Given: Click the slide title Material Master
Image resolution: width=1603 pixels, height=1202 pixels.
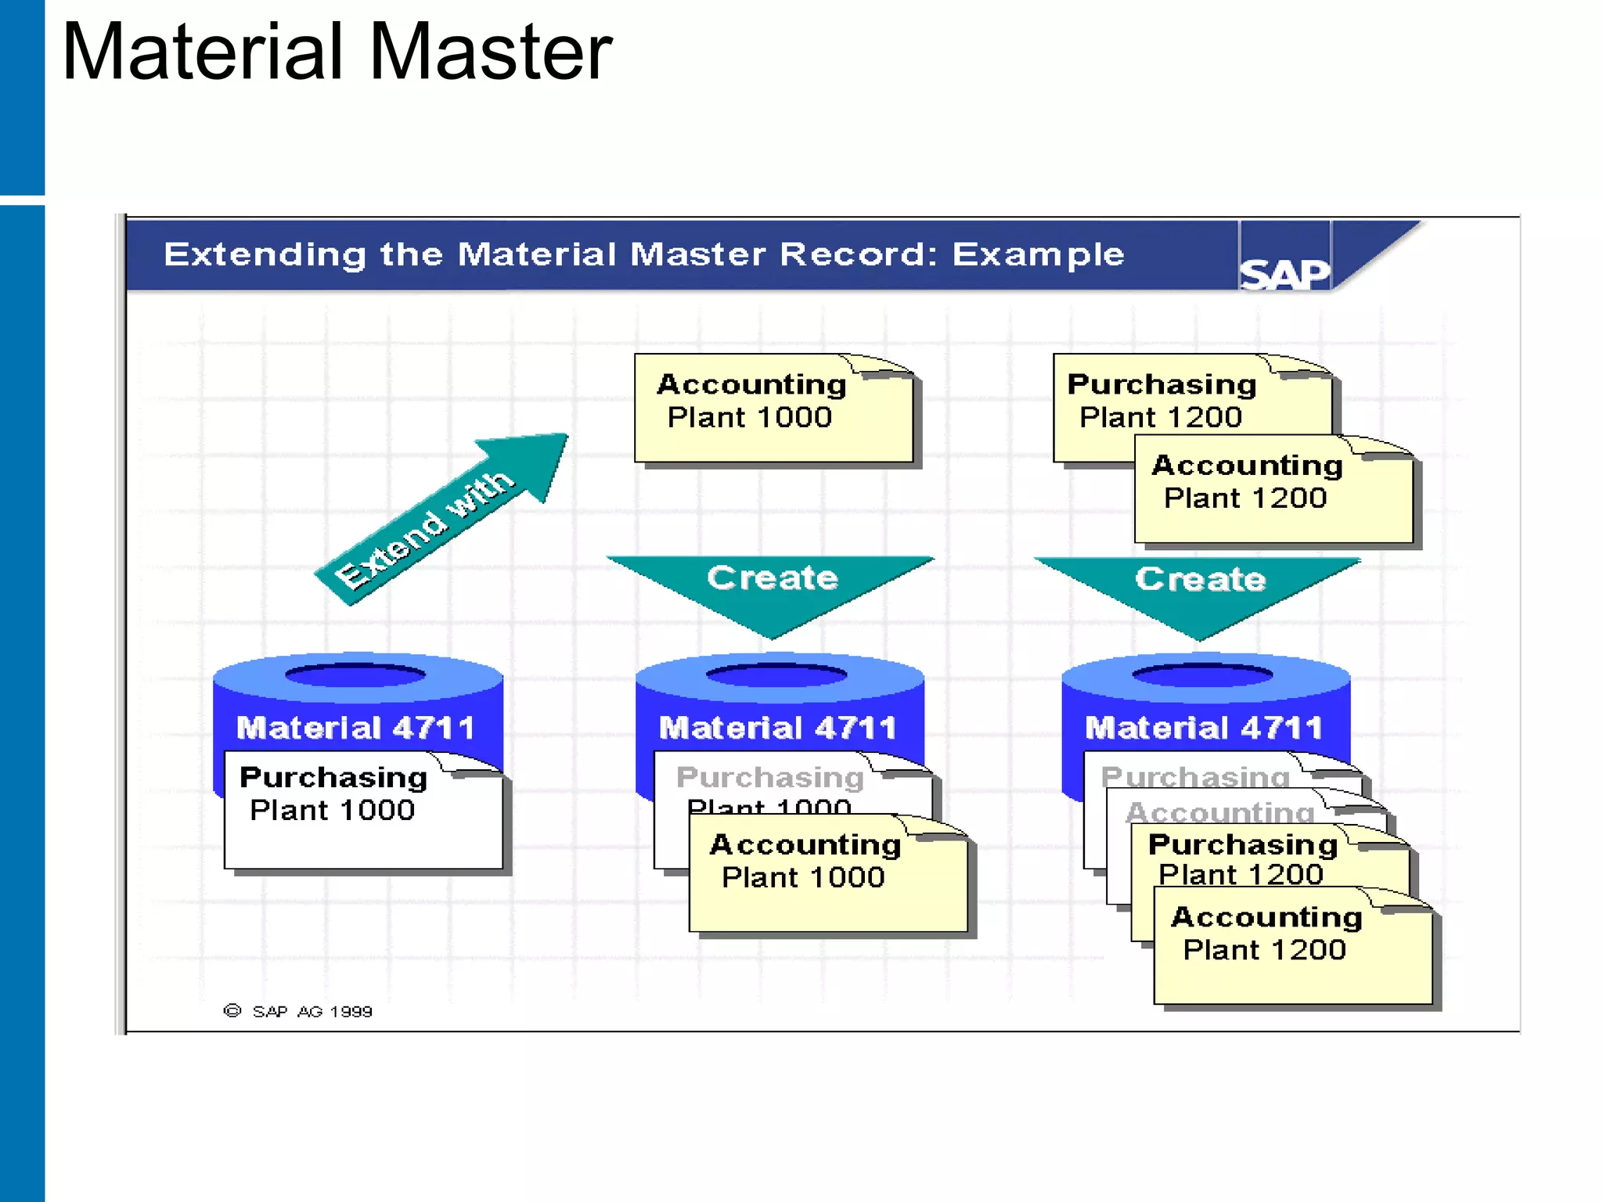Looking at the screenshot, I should [337, 52].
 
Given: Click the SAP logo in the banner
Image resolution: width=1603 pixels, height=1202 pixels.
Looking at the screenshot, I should [1284, 274].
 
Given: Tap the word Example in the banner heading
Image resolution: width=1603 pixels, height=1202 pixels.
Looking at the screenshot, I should [1038, 254].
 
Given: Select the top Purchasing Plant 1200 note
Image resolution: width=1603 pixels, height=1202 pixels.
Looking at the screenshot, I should [1162, 400].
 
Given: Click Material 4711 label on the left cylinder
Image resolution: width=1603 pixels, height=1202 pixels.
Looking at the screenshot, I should [356, 728].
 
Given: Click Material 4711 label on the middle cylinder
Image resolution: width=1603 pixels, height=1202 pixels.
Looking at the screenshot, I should [777, 728].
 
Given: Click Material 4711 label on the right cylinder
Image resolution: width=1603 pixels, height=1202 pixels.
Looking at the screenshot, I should [1203, 728].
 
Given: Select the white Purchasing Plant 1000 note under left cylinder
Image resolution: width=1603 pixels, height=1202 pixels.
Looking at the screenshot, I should [362, 811].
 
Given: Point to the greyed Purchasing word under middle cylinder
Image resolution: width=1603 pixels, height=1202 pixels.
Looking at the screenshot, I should [769, 777].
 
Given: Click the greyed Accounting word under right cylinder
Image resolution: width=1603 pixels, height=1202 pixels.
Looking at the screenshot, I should [1219, 812].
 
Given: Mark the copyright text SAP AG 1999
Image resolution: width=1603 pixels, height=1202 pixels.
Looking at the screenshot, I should [312, 1011].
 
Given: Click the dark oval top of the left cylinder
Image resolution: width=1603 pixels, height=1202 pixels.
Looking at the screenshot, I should [356, 675].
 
